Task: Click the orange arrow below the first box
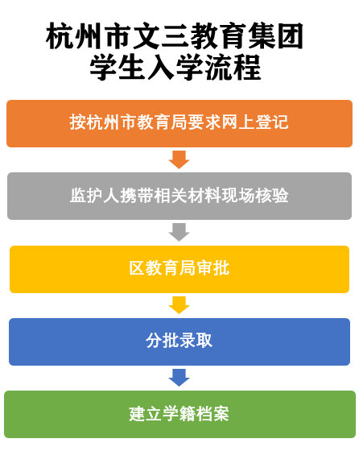[x=179, y=159]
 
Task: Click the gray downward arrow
[x=179, y=232]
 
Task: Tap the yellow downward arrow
[x=179, y=305]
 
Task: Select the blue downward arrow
[x=179, y=378]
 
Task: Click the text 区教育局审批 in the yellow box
[x=179, y=268]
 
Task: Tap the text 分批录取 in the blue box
[x=179, y=341]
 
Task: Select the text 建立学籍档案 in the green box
[x=179, y=414]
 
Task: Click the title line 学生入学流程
[x=175, y=68]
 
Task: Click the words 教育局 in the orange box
[x=162, y=122]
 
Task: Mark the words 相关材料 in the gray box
[x=187, y=195]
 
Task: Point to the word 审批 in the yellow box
[x=213, y=268]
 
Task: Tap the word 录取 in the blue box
[x=196, y=341]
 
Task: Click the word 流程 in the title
[x=233, y=68]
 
